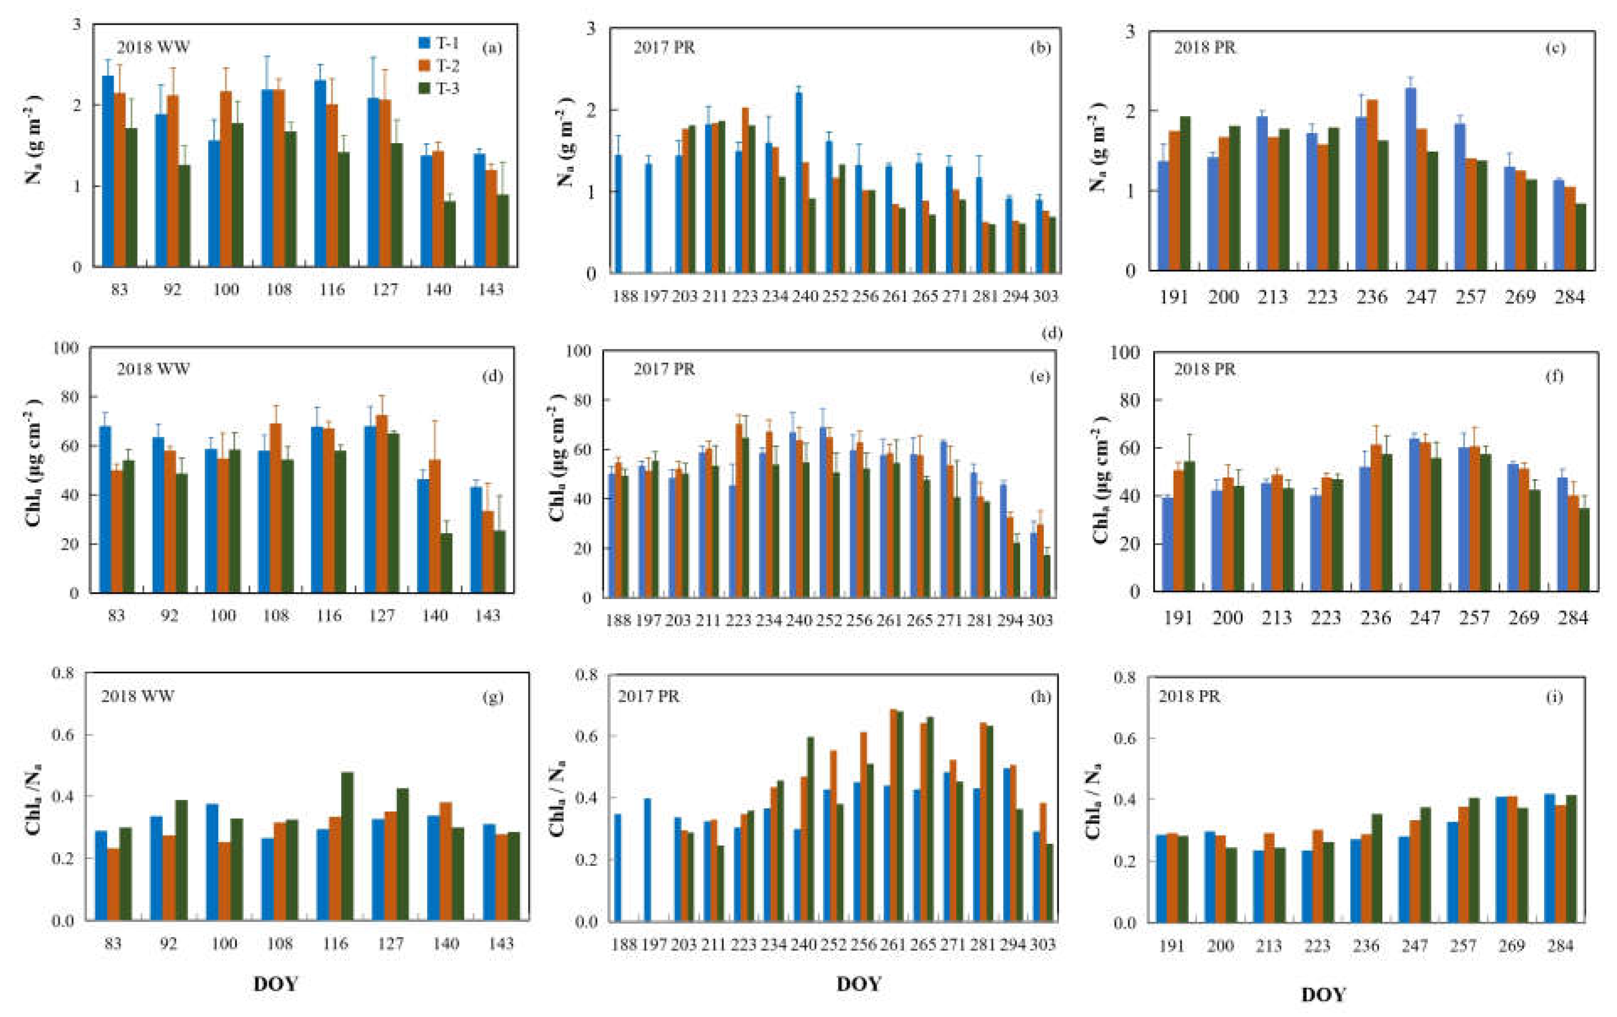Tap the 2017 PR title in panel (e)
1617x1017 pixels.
[664, 369]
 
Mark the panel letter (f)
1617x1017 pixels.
[1555, 376]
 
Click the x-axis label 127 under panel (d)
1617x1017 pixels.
[382, 615]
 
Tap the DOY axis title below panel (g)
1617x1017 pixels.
[275, 984]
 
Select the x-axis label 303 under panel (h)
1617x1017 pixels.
[1043, 945]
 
